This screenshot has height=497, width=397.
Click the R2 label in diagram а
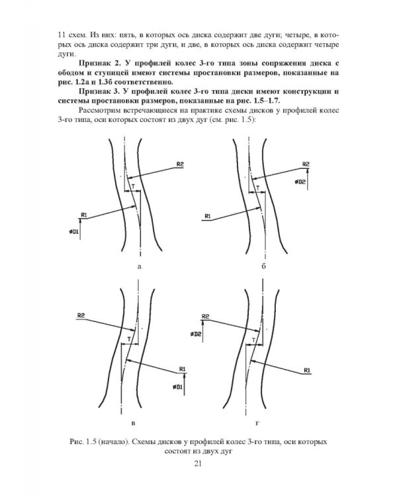click(x=180, y=164)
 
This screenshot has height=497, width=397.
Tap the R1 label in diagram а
click(x=84, y=215)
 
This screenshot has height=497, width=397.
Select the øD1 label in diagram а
click(x=73, y=232)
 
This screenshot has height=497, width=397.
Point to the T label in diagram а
click(x=133, y=188)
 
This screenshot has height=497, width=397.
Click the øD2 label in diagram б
click(x=300, y=182)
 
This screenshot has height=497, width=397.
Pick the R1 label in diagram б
click(x=208, y=216)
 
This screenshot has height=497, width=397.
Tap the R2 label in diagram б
click(x=306, y=164)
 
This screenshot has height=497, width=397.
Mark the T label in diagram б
click(x=258, y=188)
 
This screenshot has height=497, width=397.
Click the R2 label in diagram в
click(x=81, y=315)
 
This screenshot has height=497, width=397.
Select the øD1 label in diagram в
click(x=177, y=387)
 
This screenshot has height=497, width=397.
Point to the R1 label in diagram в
click(x=183, y=369)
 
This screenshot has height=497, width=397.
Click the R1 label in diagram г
click(x=307, y=370)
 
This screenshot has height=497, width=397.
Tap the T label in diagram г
click(x=253, y=340)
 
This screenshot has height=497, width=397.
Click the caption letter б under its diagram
click(x=264, y=266)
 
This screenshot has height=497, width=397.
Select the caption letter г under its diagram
click(x=257, y=423)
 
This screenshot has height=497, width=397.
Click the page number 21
click(x=198, y=464)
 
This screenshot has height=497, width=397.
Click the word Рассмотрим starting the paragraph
click(x=99, y=111)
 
